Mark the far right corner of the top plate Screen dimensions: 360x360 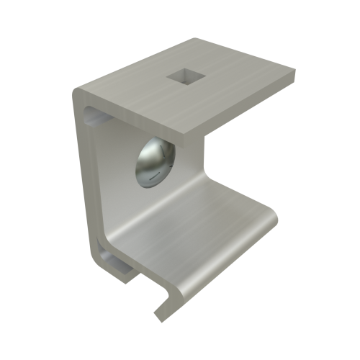pyautogui.click(x=293, y=69)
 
